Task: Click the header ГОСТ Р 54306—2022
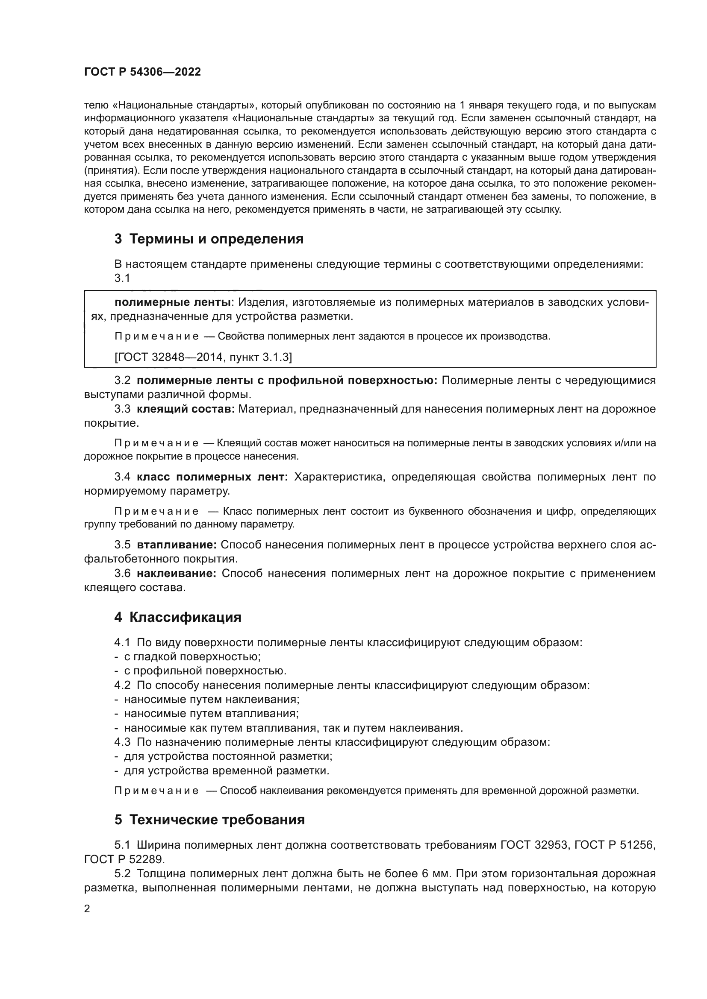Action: point(142,72)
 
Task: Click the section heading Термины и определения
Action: point(209,239)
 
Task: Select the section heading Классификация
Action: point(178,618)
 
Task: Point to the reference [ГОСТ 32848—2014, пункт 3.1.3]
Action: point(203,357)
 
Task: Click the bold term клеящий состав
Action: point(186,409)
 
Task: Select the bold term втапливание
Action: point(177,545)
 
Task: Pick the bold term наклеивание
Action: point(176,574)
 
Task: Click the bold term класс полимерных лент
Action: point(212,477)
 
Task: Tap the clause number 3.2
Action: point(122,380)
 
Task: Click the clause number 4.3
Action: point(122,742)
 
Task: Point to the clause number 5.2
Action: point(122,874)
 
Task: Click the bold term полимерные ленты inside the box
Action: point(172,302)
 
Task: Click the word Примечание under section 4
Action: point(156,791)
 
